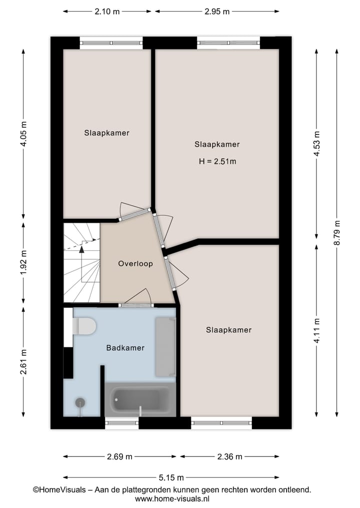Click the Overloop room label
point(135,264)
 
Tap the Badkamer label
point(125,348)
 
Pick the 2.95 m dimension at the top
point(216,11)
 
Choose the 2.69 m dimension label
point(119,456)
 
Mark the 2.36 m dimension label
point(229,456)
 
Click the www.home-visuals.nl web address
point(172,499)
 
